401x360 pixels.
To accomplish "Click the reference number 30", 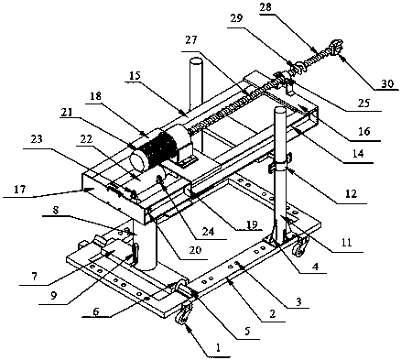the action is pyautogui.click(x=387, y=83).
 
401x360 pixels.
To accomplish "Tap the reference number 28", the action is pyautogui.click(x=266, y=7).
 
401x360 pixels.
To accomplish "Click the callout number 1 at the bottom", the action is pyautogui.click(x=218, y=347).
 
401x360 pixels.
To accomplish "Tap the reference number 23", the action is pyautogui.click(x=36, y=140).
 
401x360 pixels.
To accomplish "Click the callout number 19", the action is pyautogui.click(x=250, y=224).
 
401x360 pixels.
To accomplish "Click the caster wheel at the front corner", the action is pyautogui.click(x=182, y=313).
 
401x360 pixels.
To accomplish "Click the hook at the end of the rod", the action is pyautogui.click(x=335, y=47).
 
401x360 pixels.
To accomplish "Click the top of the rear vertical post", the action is pyautogui.click(x=195, y=62).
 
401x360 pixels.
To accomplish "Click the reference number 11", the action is pyautogui.click(x=346, y=243).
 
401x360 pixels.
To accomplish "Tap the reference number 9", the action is pyautogui.click(x=54, y=297).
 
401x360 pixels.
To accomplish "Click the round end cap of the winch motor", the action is pyautogui.click(x=138, y=160).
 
